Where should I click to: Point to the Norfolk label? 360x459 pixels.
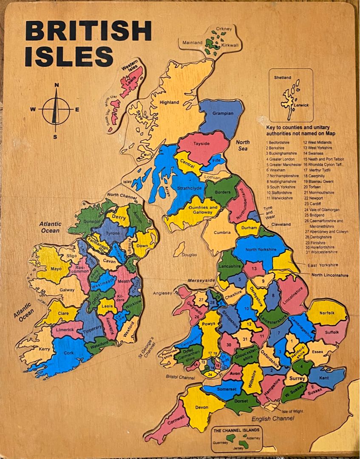pyautogui.click(x=327, y=313)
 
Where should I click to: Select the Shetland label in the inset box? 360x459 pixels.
pyautogui.click(x=283, y=78)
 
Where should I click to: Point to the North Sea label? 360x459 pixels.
pyautogui.click(x=243, y=145)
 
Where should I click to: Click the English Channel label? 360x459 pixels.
pyautogui.click(x=272, y=419)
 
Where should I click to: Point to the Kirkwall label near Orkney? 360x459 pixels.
pyautogui.click(x=230, y=45)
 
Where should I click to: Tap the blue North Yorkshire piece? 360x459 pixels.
pyautogui.click(x=259, y=250)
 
